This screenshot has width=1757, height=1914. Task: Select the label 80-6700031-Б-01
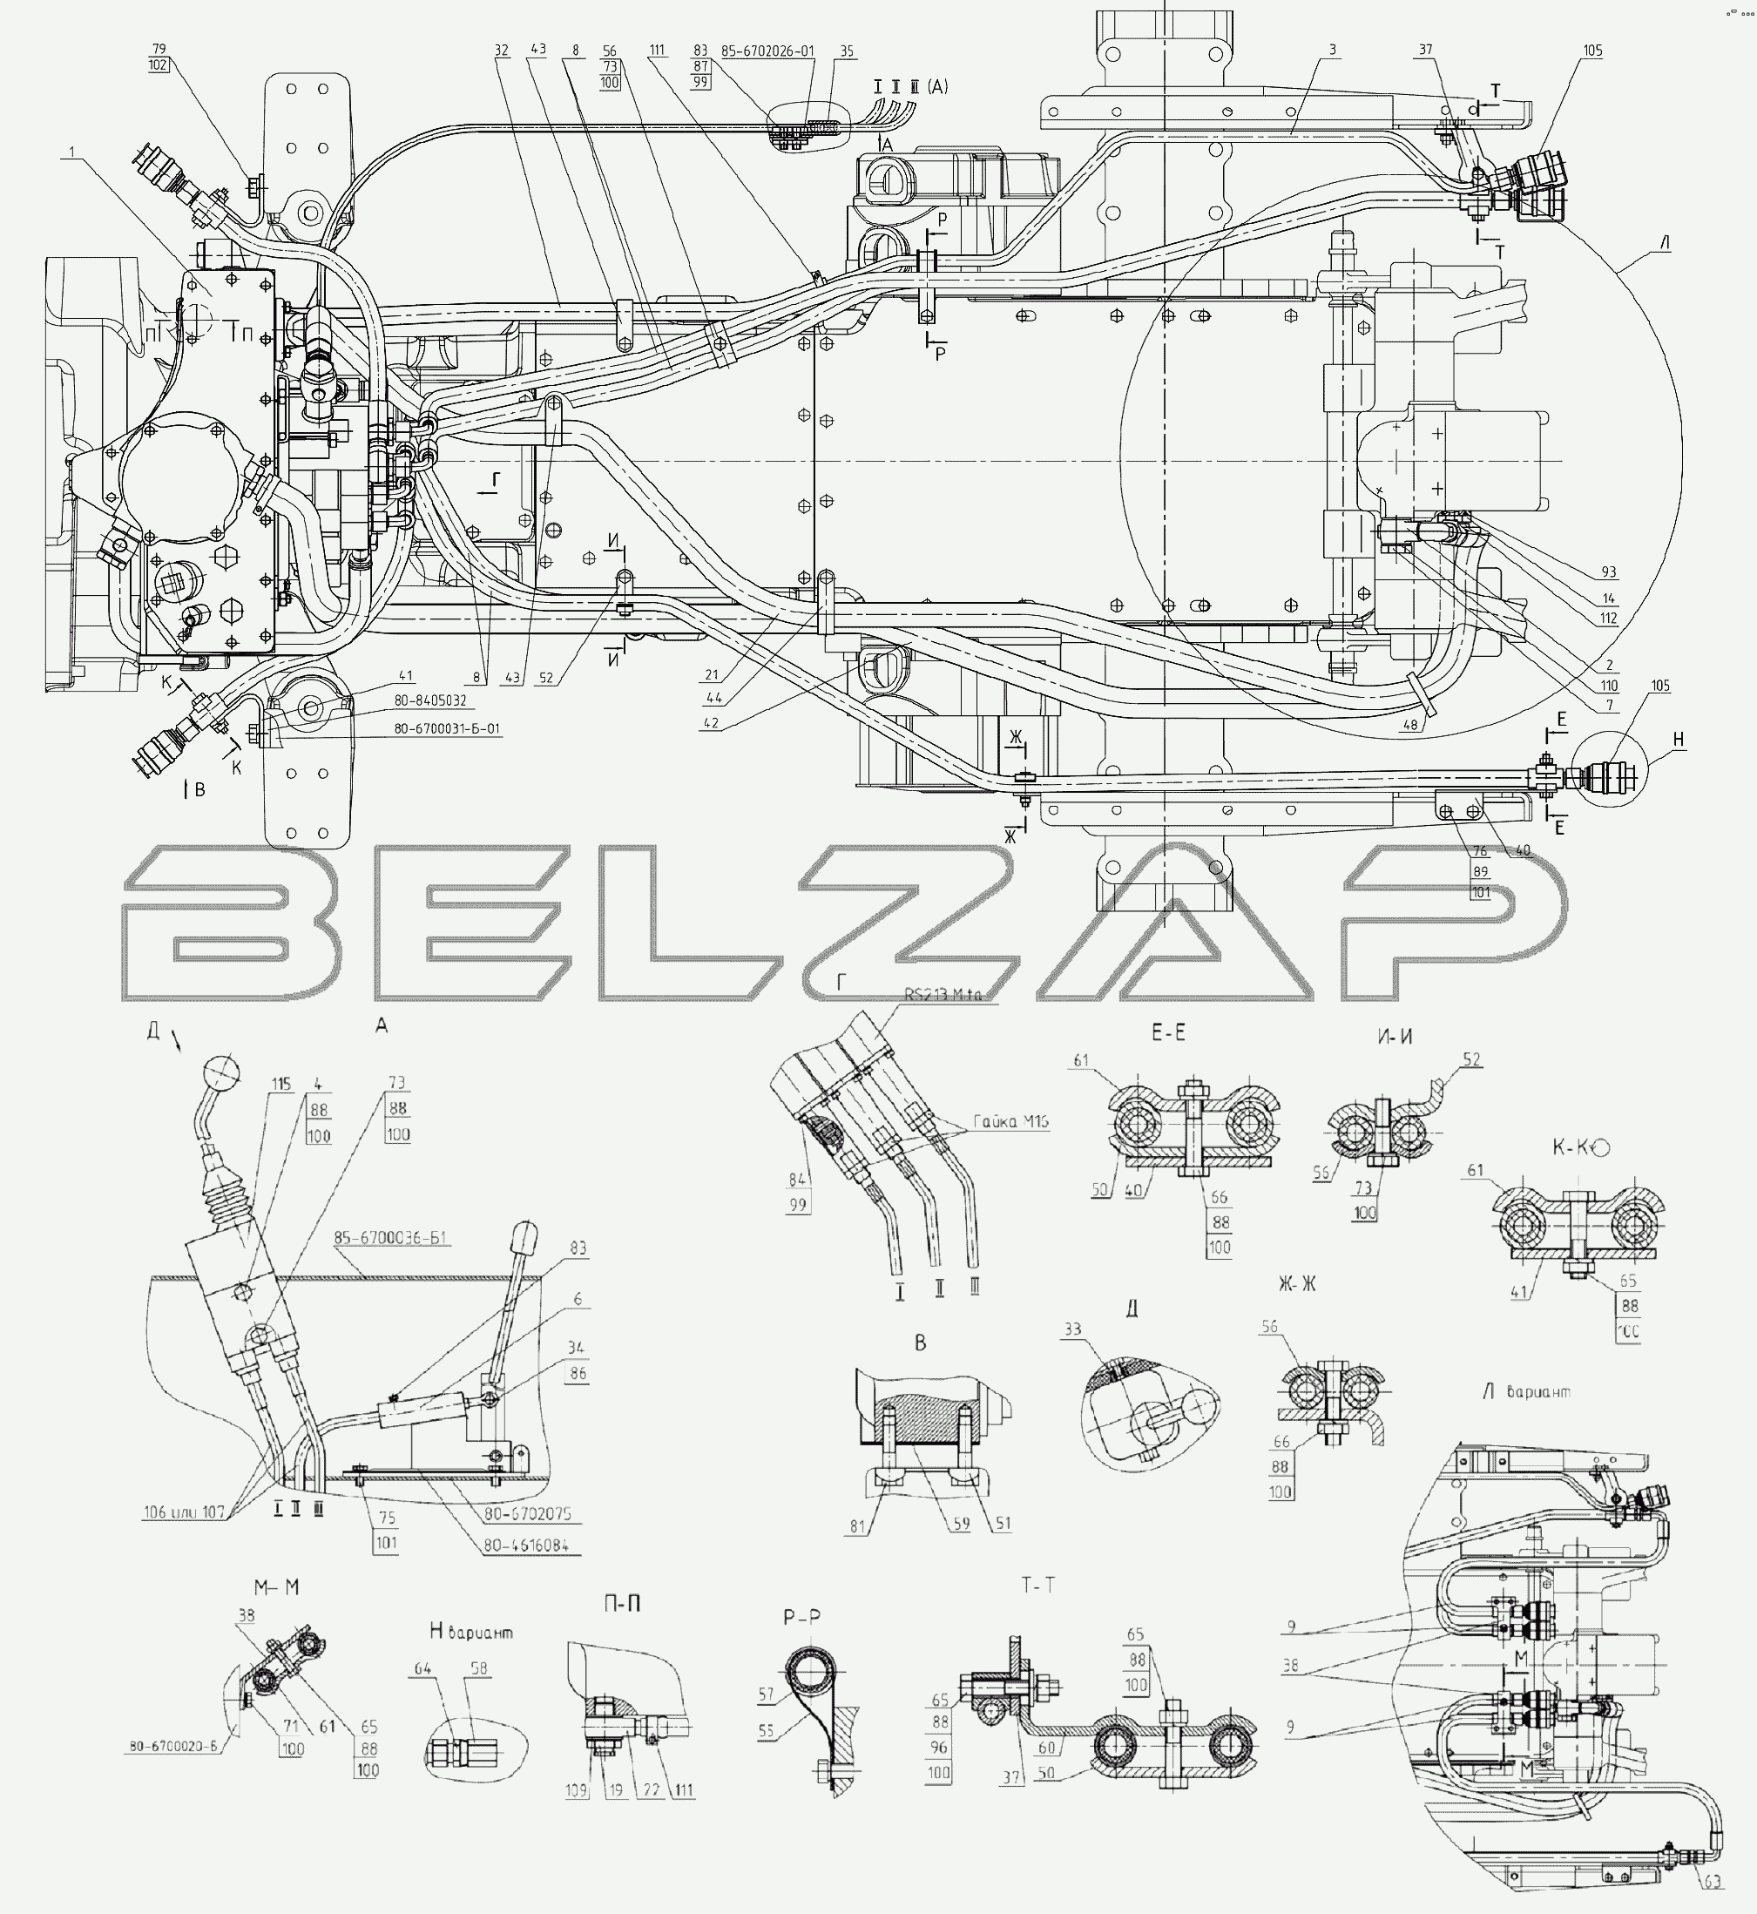point(447,729)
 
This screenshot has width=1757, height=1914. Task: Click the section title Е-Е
point(1168,1032)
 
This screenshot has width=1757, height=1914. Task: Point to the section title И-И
point(1395,1037)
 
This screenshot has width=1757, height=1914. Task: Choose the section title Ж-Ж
point(1297,1284)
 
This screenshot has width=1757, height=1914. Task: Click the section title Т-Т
point(1038,1585)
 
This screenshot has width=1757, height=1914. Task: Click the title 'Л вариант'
point(1526,1391)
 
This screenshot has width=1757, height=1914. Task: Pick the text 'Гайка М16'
point(1011,1122)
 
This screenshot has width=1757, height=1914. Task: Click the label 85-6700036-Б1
point(392,1238)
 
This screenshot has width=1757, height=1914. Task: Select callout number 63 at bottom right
point(1713,1881)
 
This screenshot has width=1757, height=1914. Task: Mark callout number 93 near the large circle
point(1609,572)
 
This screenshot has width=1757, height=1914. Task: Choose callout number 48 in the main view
point(1409,724)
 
